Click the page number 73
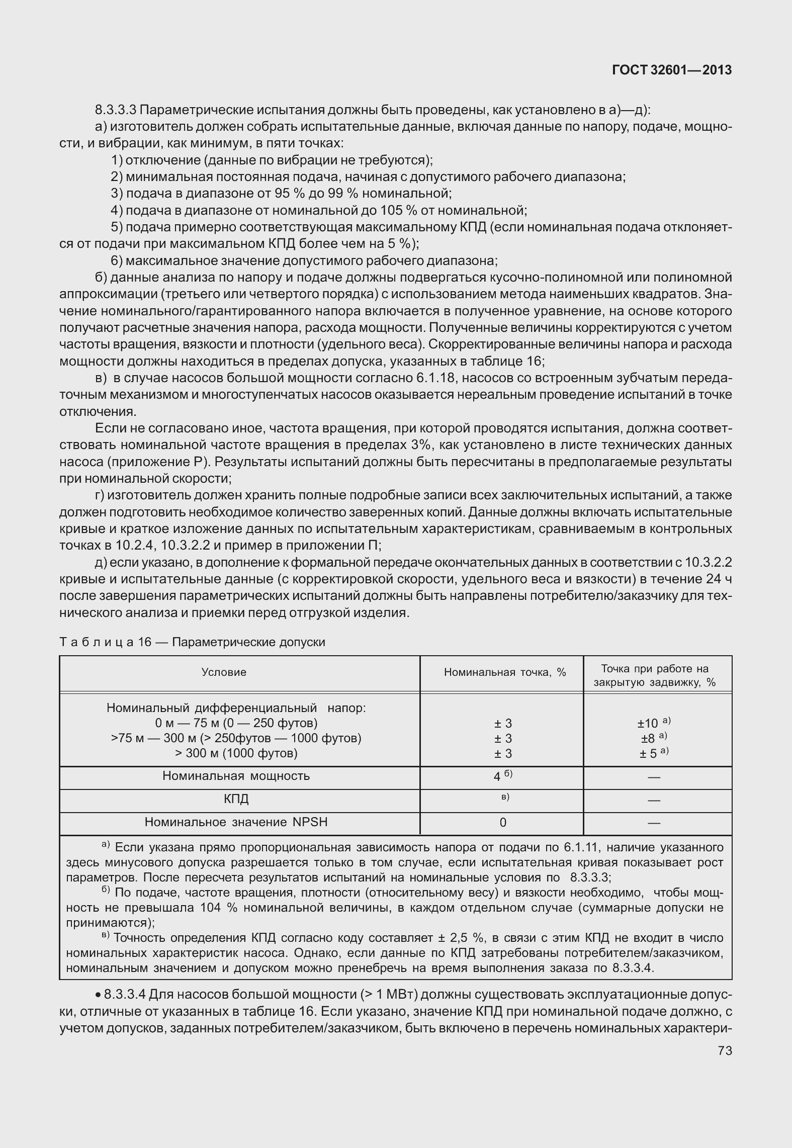point(725,1050)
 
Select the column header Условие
point(224,672)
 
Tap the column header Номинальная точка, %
point(505,672)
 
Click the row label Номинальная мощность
point(236,775)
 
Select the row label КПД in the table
point(236,799)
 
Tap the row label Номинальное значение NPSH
point(236,822)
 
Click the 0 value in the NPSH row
point(503,822)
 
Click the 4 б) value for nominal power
point(502,776)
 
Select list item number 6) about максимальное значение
point(117,261)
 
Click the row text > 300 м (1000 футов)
point(236,753)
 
